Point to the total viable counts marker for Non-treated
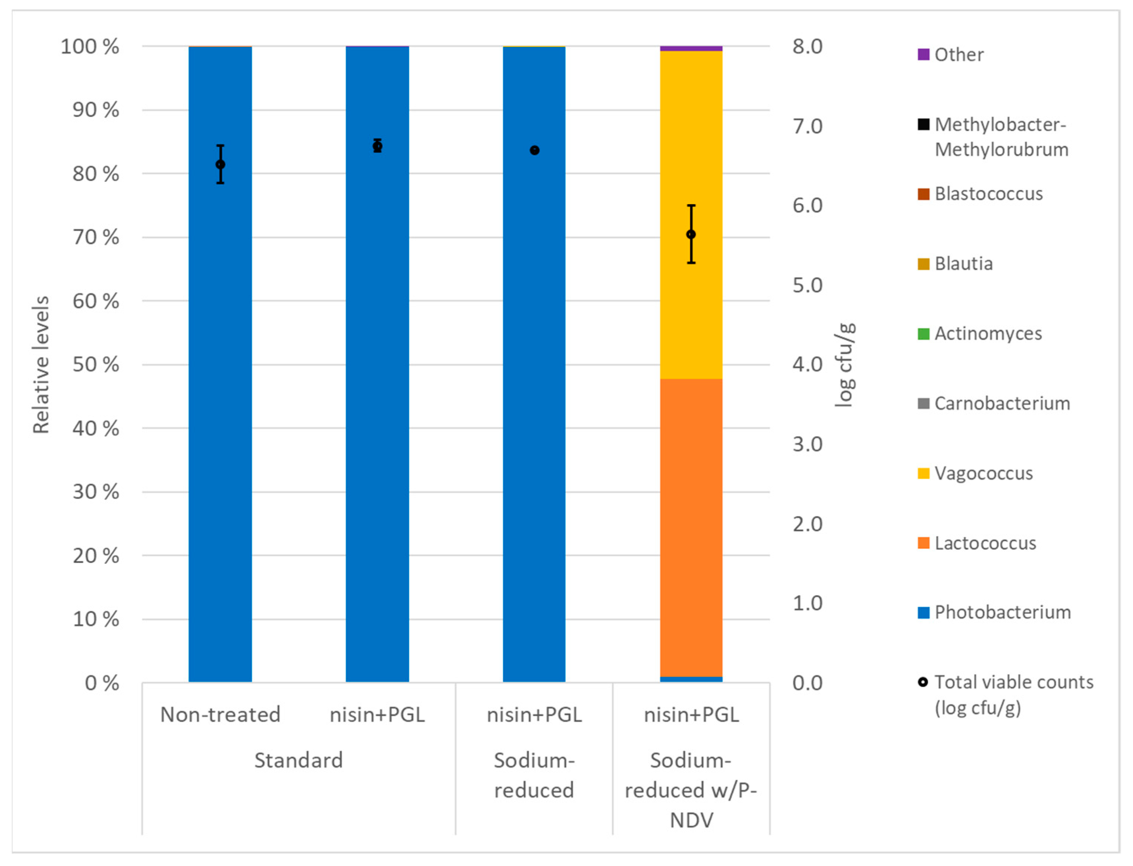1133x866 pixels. tap(220, 164)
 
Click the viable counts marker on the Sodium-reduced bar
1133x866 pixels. tap(534, 151)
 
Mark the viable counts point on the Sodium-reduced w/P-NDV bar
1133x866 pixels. tap(691, 234)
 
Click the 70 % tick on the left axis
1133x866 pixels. tap(96, 238)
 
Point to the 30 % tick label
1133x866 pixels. tap(96, 492)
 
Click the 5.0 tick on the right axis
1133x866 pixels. tap(807, 285)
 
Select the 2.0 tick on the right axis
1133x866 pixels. tap(807, 524)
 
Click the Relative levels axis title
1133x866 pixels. tap(41, 364)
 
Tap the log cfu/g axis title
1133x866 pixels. tap(844, 364)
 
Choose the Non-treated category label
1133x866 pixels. tap(220, 714)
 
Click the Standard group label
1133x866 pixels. tap(299, 760)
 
